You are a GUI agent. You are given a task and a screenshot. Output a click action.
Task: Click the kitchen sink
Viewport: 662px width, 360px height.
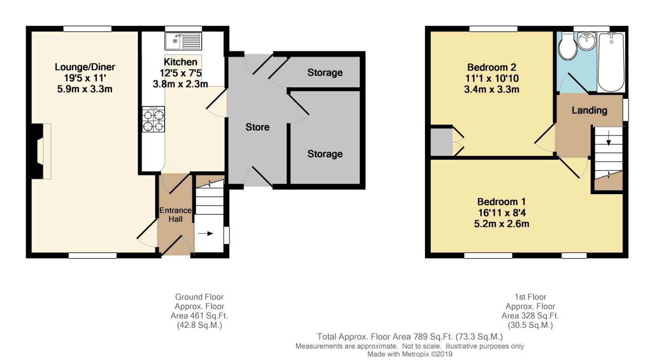coord(183,41)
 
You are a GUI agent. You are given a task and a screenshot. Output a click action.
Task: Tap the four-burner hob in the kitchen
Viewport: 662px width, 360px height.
coord(153,120)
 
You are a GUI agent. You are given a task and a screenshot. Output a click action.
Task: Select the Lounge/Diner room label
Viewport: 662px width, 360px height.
coord(85,67)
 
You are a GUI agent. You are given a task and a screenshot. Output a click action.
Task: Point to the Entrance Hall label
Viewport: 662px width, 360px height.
coord(175,214)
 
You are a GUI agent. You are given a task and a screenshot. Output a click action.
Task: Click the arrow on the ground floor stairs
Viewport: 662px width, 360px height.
coord(205,233)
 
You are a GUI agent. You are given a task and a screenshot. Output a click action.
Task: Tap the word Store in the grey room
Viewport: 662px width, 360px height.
coord(257,127)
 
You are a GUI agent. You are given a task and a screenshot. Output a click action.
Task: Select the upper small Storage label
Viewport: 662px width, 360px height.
coord(325,72)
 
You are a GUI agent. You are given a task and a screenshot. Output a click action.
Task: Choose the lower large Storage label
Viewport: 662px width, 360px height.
coord(325,154)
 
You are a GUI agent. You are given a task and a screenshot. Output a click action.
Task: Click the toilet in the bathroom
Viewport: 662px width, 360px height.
coord(566,47)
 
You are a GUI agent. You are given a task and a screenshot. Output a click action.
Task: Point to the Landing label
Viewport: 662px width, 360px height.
coord(589,110)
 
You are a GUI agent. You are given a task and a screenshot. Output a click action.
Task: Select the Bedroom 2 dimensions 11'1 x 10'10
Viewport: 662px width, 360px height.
coord(491,79)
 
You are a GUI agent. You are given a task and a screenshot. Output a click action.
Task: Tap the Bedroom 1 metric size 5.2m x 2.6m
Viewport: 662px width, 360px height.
coord(501,224)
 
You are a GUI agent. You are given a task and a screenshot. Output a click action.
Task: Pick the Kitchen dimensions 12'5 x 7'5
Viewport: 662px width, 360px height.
coord(181,73)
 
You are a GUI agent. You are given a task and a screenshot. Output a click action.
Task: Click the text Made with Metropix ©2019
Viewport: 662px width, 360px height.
coord(410,354)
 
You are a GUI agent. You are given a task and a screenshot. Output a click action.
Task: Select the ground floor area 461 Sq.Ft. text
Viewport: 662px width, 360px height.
coord(199,316)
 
